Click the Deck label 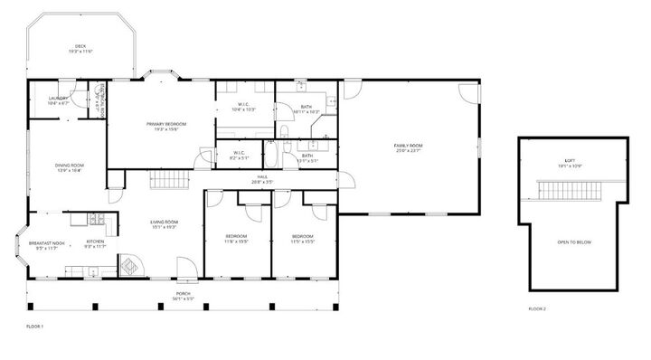click(x=80, y=47)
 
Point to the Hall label click(x=262, y=176)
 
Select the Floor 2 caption click(x=536, y=308)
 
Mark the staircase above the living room click(x=167, y=184)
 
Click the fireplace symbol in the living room click(x=130, y=268)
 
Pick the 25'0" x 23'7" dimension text click(x=408, y=151)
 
